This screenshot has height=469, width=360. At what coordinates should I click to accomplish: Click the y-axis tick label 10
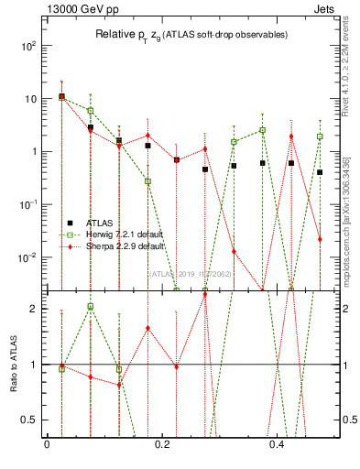28,98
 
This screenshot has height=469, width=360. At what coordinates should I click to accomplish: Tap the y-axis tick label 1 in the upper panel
33,151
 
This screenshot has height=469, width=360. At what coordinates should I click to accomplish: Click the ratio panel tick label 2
33,309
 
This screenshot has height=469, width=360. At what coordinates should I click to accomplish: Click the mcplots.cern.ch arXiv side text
351,220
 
